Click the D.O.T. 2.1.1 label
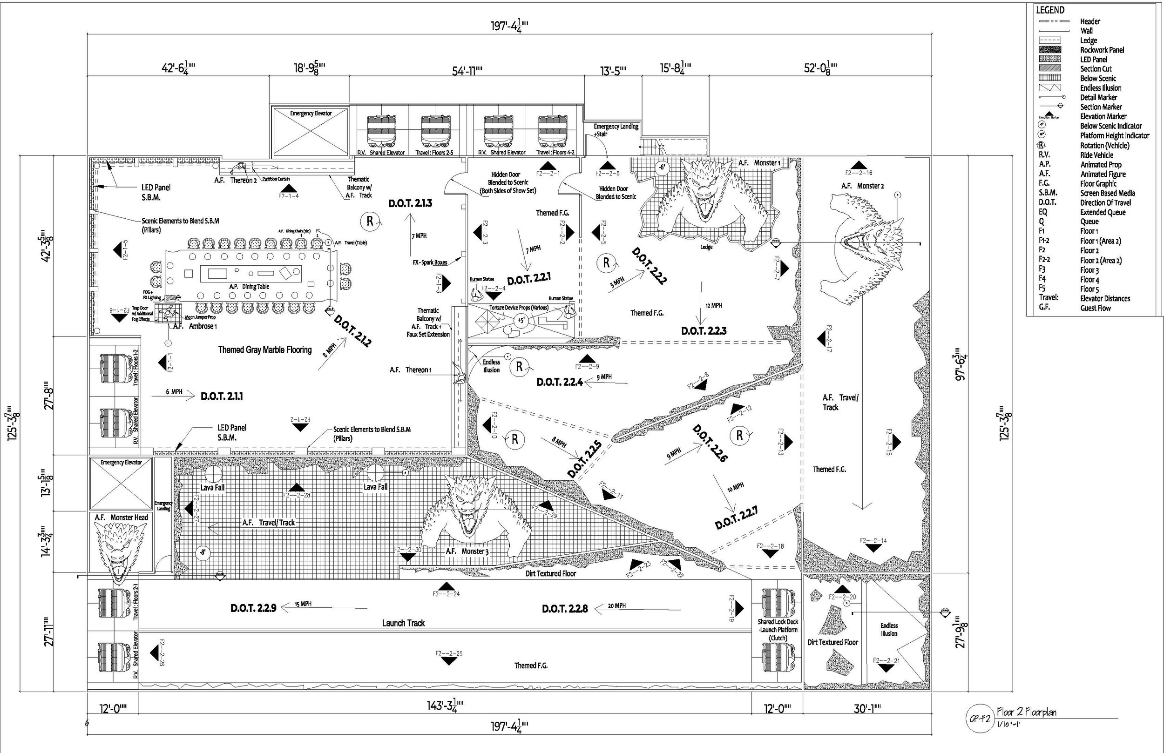tap(222, 397)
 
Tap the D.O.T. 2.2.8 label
tap(564, 609)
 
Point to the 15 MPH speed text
tap(303, 605)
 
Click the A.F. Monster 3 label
tap(467, 551)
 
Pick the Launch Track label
tap(403, 623)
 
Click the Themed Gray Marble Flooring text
tap(264, 350)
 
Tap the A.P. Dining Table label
tap(249, 287)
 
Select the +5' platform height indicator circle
tap(520, 320)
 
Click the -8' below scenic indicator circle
tap(203, 553)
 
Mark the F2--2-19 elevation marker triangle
tap(739, 608)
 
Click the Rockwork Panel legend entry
tap(1102, 50)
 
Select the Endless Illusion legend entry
tap(1100, 88)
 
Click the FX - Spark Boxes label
tap(430, 262)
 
